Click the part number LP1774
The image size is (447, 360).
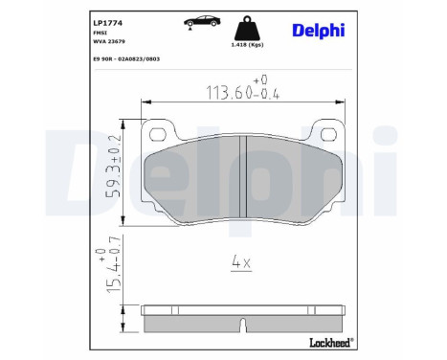pos(107,23)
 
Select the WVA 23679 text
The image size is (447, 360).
pos(109,41)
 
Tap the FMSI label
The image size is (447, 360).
pos(100,33)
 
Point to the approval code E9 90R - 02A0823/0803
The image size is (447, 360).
pos(126,59)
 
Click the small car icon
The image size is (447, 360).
pos(202,22)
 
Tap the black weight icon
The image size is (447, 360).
pos(246,28)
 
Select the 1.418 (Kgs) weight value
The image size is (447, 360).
pos(247,45)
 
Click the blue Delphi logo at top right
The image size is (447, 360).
pos(319,31)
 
